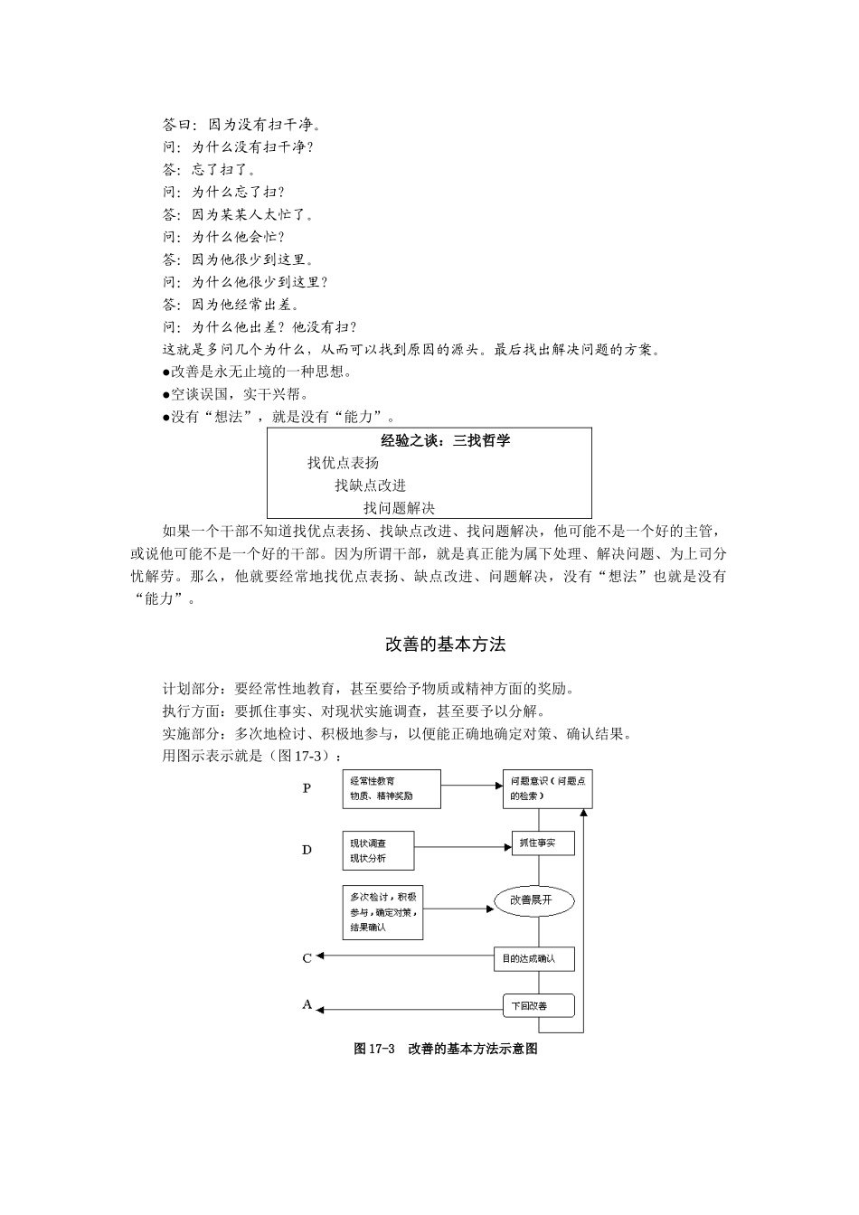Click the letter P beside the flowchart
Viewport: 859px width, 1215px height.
coord(307,788)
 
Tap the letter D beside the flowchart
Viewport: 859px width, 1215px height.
coord(307,850)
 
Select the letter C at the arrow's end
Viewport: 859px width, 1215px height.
coord(307,958)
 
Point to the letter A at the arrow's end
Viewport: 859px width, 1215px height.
coord(307,1004)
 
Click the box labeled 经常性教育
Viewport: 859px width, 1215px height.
coord(392,788)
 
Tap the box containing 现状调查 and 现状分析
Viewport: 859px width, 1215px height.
coord(378,851)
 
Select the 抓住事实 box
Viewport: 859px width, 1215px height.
coord(544,843)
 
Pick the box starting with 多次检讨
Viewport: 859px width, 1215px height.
coord(383,911)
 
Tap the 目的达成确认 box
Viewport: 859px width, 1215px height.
coord(534,958)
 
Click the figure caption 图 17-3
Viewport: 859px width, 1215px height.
coord(446,1050)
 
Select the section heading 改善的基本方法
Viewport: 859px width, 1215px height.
coord(445,645)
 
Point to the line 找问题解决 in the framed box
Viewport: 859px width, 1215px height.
coord(399,508)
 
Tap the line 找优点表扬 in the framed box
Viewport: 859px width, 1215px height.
coord(343,463)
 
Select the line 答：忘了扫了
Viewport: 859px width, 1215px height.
coord(210,169)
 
